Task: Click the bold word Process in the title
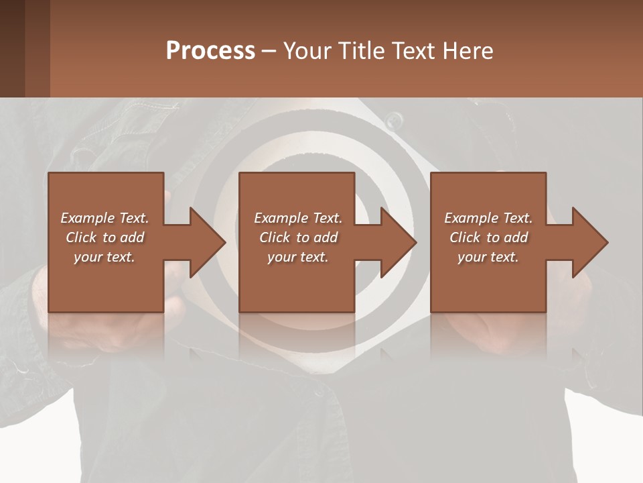210,51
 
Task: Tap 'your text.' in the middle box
297,257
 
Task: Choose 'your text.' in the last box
488,257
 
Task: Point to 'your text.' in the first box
104,257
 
